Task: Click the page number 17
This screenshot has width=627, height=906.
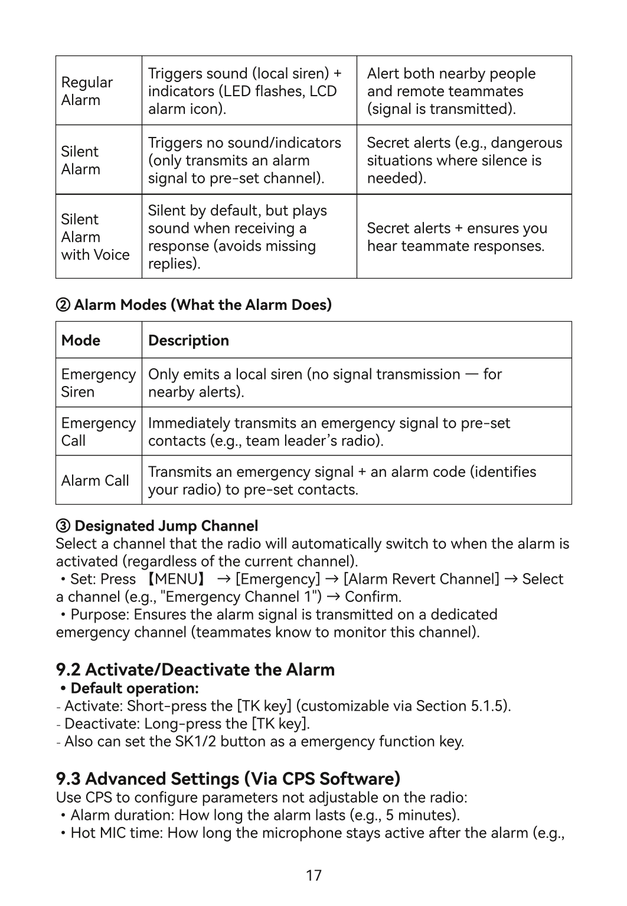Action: [314, 875]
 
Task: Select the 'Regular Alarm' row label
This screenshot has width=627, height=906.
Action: [87, 91]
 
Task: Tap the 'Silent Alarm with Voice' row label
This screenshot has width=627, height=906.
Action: [95, 237]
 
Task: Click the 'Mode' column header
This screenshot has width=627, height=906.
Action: [81, 341]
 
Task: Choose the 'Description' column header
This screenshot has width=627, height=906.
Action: [188, 341]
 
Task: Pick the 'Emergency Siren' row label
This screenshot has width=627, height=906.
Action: [98, 383]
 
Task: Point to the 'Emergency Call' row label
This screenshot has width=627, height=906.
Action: [98, 431]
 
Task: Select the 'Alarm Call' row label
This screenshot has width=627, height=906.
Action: [95, 480]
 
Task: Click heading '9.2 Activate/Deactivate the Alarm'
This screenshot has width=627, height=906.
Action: [195, 669]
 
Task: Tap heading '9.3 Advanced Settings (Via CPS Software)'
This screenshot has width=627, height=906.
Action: [228, 779]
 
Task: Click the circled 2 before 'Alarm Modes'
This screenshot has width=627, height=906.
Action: [63, 305]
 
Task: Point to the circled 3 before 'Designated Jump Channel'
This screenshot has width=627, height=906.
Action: [63, 526]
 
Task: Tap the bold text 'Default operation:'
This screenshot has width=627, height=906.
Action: [135, 688]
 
